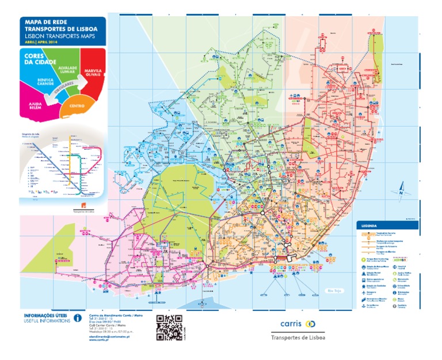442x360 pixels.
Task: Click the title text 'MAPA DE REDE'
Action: click(x=43, y=21)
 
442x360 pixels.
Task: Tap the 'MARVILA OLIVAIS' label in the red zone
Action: click(x=93, y=72)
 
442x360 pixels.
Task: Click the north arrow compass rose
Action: click(x=401, y=188)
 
